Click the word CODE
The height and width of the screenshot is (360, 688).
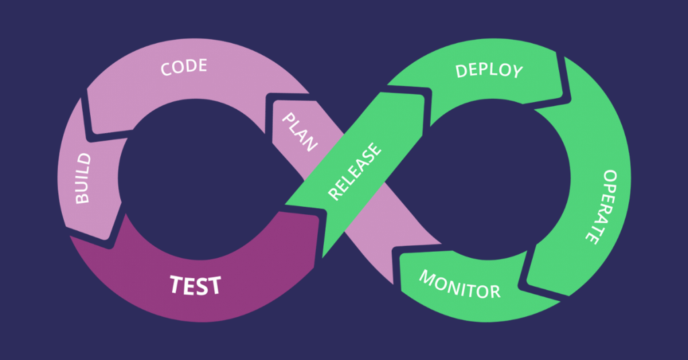[x=183, y=67]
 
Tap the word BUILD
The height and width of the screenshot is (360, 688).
[x=83, y=179]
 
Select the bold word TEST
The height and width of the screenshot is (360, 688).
[x=195, y=285]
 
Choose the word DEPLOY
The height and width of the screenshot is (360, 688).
[x=488, y=71]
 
